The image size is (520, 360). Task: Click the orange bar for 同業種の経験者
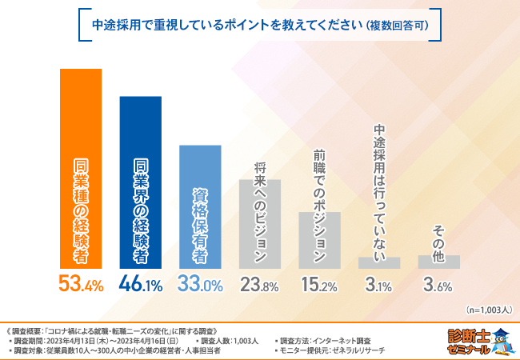81,168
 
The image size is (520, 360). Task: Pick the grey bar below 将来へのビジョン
260,224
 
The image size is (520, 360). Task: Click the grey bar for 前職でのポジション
320,240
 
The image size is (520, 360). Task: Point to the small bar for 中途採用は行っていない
379,262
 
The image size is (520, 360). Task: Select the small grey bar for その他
439,262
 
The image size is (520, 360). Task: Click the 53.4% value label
81,284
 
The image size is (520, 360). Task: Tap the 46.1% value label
141,284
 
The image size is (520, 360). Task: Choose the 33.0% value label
200,284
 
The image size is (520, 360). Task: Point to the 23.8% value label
260,284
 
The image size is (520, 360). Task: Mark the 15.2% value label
320,284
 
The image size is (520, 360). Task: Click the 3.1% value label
379,284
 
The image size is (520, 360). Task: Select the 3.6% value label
439,284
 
